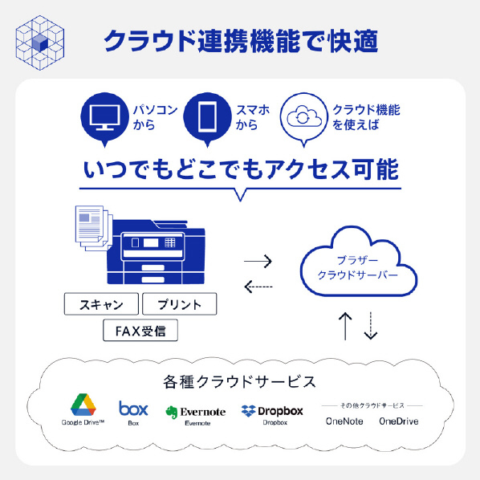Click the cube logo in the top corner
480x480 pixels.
click(40, 43)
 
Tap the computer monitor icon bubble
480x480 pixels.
click(104, 119)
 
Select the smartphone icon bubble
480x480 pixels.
click(207, 119)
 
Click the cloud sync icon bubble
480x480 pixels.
click(303, 119)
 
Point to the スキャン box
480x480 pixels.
click(101, 304)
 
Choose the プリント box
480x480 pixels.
click(179, 304)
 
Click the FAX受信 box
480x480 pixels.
click(140, 331)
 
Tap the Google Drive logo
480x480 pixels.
click(83, 405)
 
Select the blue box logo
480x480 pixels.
click(133, 408)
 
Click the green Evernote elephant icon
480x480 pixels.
click(172, 412)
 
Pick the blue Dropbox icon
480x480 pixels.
click(248, 411)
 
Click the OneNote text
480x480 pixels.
click(344, 421)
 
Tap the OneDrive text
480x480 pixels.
click(399, 421)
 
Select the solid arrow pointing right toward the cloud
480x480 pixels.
click(258, 262)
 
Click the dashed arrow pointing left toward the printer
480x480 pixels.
click(258, 287)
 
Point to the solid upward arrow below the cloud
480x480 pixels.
click(345, 327)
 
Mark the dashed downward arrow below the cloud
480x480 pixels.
click(371, 326)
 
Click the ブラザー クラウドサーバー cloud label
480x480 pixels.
click(357, 267)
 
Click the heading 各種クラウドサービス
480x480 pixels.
click(239, 382)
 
